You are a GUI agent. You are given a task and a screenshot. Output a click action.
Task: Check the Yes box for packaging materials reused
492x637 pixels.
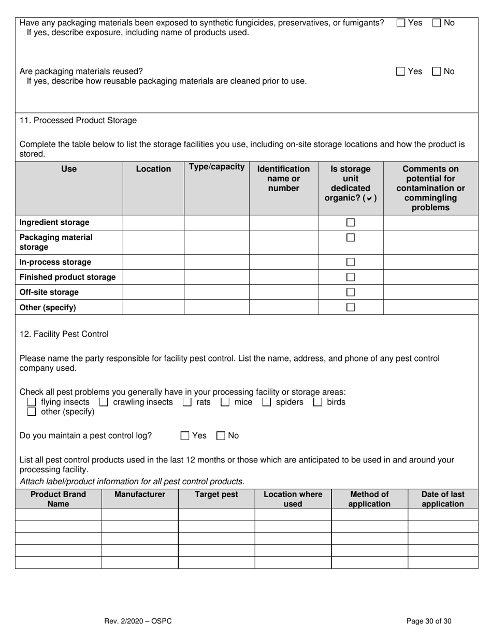(x=400, y=71)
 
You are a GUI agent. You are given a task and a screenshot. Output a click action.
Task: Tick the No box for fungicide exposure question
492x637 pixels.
(x=437, y=23)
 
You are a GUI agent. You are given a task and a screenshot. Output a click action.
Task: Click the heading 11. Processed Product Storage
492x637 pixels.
(x=78, y=120)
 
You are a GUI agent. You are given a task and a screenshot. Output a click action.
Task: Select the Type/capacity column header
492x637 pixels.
(x=216, y=167)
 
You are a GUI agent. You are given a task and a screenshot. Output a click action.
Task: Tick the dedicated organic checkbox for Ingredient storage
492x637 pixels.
(x=351, y=222)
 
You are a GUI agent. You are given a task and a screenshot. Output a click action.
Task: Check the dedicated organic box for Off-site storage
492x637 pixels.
(x=351, y=292)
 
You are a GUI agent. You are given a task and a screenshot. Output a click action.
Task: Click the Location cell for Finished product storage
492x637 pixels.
(x=153, y=277)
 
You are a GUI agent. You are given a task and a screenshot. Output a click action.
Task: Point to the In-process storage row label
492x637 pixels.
(x=55, y=262)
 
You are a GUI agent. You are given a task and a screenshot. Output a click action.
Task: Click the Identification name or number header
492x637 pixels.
(x=283, y=178)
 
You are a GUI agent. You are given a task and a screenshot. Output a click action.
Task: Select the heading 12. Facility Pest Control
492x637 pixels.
(x=64, y=334)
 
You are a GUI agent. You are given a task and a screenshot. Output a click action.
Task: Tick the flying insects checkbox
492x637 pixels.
(x=32, y=402)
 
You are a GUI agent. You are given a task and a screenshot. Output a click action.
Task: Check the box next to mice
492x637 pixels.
(x=225, y=402)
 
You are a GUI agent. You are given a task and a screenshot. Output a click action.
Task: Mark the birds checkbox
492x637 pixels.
(x=318, y=402)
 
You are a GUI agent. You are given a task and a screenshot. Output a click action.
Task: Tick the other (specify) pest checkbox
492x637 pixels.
(x=32, y=412)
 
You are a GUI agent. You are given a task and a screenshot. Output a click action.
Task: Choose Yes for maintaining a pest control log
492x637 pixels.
(x=185, y=436)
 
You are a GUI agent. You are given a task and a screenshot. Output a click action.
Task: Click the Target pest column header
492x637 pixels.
(x=216, y=494)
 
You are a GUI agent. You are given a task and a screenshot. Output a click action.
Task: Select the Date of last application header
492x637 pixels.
(x=443, y=499)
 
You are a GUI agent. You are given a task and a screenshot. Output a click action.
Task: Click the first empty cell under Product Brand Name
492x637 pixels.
(x=59, y=514)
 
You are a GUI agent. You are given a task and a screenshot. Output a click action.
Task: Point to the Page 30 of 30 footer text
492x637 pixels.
(x=429, y=621)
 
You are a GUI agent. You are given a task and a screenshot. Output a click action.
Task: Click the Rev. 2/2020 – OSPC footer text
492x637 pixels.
(x=138, y=621)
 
